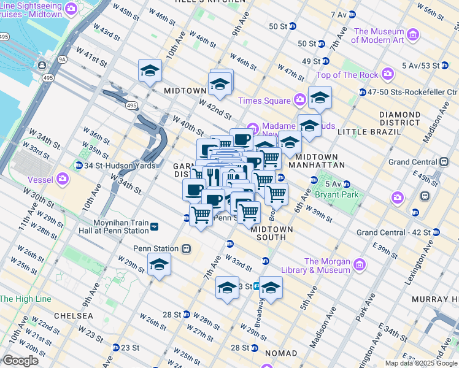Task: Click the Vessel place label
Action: coord(41,180)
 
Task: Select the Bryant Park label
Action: coord(337,194)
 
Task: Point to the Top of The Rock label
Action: coord(348,75)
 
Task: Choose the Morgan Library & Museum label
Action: coord(326,266)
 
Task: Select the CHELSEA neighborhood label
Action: coord(73,315)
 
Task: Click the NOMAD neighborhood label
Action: coord(281,353)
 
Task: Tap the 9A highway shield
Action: coord(62,59)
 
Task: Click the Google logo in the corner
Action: coord(21,360)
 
